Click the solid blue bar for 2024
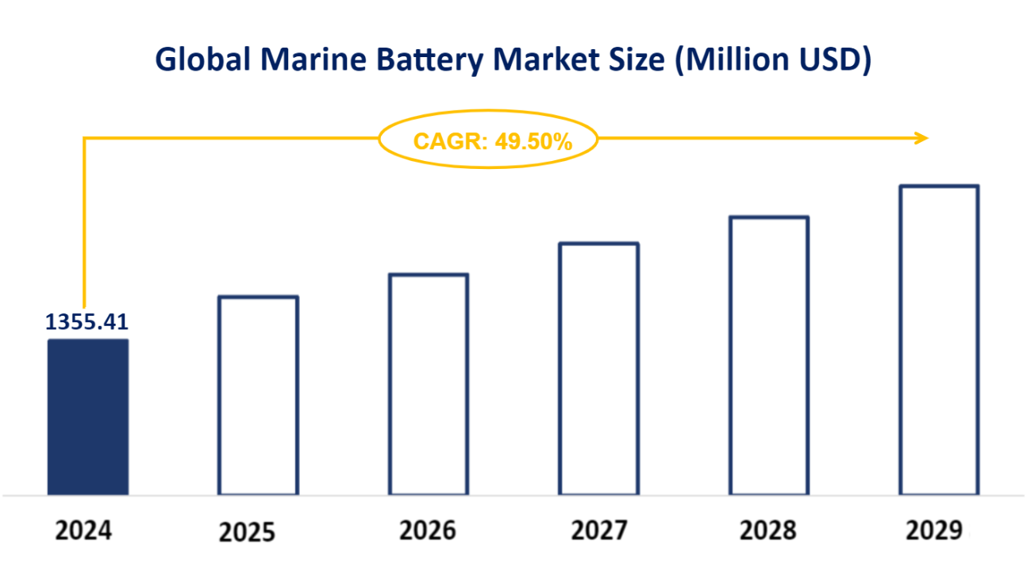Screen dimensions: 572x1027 87,417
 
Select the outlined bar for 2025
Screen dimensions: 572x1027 258,395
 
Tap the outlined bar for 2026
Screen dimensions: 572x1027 429,384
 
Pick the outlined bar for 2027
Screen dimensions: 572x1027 598,369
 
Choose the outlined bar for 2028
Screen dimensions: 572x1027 768,355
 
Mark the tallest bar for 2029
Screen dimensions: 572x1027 939,340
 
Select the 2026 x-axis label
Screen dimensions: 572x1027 428,531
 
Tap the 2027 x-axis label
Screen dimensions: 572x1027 598,531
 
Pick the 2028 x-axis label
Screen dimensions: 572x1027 767,531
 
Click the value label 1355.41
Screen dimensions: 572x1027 87,322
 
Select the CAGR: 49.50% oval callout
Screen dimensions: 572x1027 487,140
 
